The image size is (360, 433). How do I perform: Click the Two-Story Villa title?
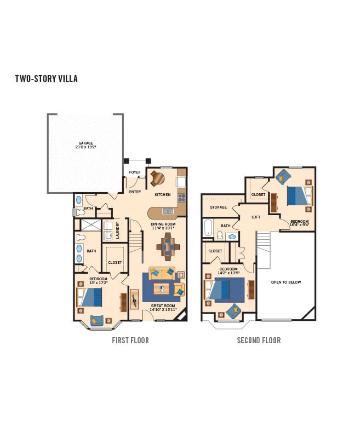[46, 79]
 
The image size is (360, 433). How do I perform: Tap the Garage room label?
[85, 143]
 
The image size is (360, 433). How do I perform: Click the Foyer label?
[135, 172]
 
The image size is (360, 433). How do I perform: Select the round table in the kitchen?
[158, 178]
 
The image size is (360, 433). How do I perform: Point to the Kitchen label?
[163, 195]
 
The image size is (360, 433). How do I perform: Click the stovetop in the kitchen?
[182, 198]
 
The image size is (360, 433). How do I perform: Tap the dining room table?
[168, 246]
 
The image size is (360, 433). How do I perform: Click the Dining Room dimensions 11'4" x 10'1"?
[163, 228]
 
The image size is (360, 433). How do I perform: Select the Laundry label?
[117, 230]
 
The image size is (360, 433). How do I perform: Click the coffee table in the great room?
[162, 288]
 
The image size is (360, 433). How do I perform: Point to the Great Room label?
[163, 305]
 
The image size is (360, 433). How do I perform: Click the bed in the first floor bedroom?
[89, 297]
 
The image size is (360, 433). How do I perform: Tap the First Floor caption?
[130, 340]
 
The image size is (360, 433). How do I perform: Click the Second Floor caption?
[259, 340]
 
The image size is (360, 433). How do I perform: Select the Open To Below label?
[286, 282]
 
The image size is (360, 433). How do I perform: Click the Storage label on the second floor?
[218, 207]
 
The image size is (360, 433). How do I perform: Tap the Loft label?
[256, 217]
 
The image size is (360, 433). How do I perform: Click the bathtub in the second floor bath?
[208, 228]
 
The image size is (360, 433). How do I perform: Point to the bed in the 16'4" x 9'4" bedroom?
[300, 195]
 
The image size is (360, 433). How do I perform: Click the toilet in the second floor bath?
[220, 235]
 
